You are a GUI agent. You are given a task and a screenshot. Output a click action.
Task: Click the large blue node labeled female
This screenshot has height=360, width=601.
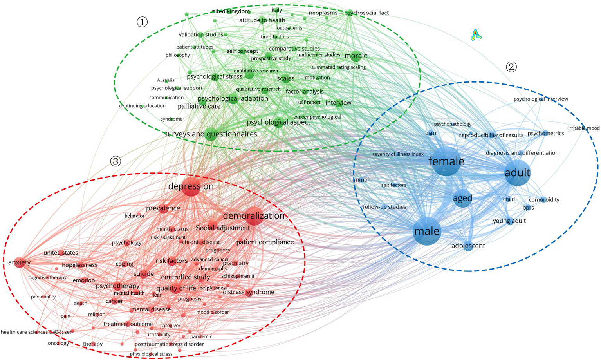446,161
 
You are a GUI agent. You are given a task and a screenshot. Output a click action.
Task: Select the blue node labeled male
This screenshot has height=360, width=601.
427,231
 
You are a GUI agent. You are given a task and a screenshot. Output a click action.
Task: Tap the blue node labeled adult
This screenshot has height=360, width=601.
517,172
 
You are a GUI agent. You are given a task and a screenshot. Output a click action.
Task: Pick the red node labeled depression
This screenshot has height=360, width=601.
191,186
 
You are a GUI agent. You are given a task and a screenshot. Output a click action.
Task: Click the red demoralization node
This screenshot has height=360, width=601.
254,216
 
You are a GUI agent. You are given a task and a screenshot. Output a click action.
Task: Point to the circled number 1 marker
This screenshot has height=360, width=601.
142,22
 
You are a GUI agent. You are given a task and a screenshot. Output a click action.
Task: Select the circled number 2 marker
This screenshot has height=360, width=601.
511,67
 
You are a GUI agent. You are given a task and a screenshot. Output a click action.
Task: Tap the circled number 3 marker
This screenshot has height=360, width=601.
116,161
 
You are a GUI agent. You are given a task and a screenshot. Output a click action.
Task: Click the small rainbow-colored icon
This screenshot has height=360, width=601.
476,35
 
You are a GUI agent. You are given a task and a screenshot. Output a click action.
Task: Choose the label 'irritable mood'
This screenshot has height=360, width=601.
583,128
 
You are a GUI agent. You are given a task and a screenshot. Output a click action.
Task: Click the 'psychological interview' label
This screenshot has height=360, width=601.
541,99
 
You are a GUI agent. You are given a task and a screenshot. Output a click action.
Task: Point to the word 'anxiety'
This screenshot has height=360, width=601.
19,262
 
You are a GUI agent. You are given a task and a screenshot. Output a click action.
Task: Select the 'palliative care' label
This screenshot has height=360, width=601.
199,106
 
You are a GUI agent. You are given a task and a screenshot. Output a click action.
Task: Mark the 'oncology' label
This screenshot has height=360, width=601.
58,343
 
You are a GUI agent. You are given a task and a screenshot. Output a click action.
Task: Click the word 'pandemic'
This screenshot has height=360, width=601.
201,336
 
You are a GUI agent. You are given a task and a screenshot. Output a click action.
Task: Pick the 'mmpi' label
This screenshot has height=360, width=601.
361,180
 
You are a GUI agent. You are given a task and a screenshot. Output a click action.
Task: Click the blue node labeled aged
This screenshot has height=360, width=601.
462,198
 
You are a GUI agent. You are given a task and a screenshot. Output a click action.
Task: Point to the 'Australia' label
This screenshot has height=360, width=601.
166,80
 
